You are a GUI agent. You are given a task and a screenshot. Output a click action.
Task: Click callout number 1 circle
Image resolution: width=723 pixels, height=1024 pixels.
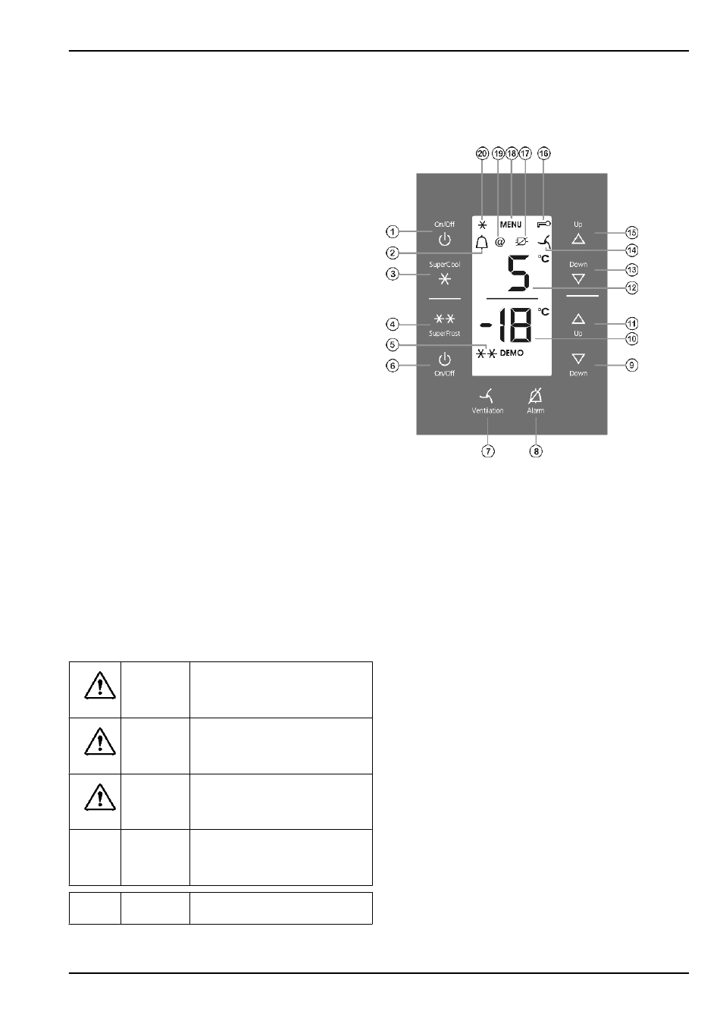coord(392,232)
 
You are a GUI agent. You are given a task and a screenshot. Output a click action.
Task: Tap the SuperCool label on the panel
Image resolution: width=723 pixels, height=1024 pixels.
coord(444,264)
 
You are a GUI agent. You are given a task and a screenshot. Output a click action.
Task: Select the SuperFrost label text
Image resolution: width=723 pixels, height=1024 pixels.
coord(444,333)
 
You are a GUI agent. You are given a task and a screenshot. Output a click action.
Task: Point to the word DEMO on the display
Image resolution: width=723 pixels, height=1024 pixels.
coord(512,353)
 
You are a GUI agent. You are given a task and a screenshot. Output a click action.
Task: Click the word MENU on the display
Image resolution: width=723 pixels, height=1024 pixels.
coord(511,225)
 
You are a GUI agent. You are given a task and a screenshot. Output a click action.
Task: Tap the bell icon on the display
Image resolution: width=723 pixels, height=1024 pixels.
coord(481,242)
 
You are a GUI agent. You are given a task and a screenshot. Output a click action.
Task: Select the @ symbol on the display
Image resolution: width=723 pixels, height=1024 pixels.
coord(499,242)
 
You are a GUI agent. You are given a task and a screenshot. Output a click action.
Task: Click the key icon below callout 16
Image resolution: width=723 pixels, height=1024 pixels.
coord(544,224)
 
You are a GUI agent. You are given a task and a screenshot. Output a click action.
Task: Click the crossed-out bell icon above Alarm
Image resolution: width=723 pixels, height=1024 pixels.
coord(535,395)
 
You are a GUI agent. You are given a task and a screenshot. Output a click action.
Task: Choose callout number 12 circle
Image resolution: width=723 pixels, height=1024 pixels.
coord(631,288)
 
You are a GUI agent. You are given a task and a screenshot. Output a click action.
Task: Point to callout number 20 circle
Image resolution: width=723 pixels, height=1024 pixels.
coord(482,153)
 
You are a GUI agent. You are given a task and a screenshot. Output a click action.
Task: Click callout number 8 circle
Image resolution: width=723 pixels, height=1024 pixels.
coord(536,451)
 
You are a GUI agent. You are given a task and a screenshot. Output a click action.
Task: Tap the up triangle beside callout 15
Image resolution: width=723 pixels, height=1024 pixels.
coord(578,238)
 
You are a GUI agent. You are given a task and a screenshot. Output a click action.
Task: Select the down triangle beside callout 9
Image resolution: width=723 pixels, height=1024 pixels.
coord(578,358)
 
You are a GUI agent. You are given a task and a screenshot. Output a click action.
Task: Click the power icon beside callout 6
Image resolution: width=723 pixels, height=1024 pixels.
coord(444,360)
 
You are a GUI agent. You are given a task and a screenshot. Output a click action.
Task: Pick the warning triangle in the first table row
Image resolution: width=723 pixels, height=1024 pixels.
coord(99,686)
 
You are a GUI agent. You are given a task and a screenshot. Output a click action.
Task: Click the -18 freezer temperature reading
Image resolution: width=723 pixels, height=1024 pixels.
coord(506,325)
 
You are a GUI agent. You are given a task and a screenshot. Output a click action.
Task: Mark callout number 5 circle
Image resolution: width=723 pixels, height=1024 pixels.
coord(392,344)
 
